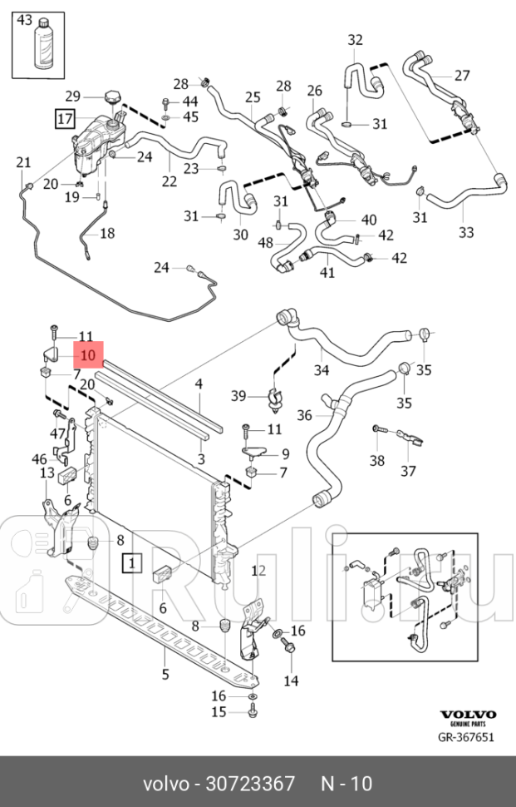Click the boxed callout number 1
[131, 563]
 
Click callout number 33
[466, 231]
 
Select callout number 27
[462, 75]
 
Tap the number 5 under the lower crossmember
[165, 674]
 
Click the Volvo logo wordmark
[467, 715]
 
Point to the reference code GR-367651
[467, 737]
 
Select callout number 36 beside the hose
[305, 414]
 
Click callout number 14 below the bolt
[291, 681]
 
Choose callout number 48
[266, 243]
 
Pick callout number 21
[23, 162]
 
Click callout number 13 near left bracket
[48, 473]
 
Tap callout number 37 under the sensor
[408, 472]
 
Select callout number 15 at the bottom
[219, 711]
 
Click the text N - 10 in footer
[346, 784]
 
